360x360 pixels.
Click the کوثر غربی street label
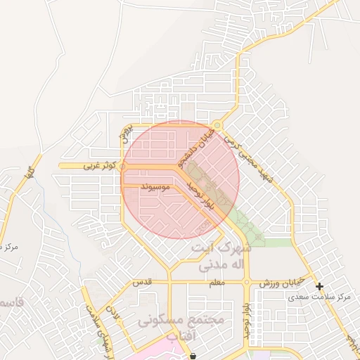pos(96,166)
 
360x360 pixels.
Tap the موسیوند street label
pos(156,187)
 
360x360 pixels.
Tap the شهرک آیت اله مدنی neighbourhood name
pos(221,257)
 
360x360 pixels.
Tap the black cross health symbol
pos(320,286)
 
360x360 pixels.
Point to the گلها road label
pos(27,169)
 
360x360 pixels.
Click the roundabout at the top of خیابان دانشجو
pos(218,125)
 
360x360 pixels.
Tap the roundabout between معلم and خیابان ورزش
pos(247,283)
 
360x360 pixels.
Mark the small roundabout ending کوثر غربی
pos(124,167)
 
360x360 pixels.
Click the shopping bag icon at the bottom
pos(193,355)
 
